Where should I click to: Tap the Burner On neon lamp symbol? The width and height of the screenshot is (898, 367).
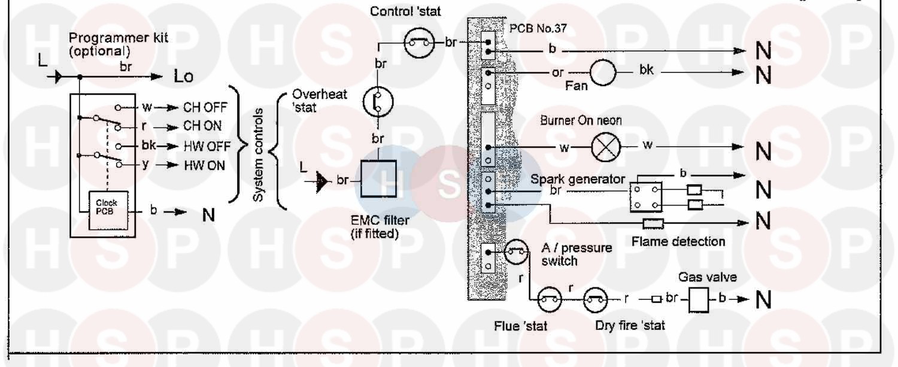[606, 147]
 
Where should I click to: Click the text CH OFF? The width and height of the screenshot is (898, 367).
[205, 107]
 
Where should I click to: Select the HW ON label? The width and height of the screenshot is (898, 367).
[205, 165]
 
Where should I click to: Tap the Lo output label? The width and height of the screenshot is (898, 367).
[184, 76]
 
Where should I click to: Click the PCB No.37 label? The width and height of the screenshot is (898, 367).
[538, 29]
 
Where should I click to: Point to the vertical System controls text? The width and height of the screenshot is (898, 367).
[258, 155]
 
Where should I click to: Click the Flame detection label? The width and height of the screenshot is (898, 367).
[678, 241]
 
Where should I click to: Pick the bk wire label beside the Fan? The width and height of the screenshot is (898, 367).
[646, 70]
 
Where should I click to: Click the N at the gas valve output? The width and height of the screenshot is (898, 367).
[763, 299]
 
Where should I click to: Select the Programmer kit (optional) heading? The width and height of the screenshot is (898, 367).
[119, 44]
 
